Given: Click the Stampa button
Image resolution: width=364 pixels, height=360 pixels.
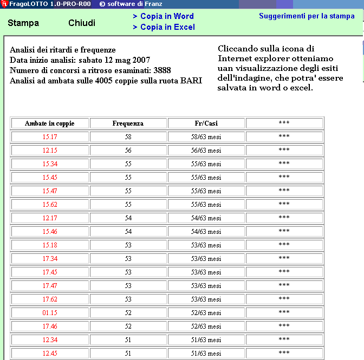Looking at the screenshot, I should coord(23,23).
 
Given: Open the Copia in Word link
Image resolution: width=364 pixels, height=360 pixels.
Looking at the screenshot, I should coord(163,16).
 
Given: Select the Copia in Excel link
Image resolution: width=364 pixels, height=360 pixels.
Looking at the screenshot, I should coord(164,27).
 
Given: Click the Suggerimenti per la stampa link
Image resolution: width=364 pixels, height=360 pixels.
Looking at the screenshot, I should coord(307,16).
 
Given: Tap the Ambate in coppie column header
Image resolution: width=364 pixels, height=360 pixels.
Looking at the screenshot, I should coord(49,123).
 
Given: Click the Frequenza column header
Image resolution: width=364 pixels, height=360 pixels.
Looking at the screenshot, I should coord(128,123).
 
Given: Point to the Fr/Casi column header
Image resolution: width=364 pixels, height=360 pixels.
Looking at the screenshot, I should coord(206,123).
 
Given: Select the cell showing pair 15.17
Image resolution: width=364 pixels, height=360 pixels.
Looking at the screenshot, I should coord(49,137).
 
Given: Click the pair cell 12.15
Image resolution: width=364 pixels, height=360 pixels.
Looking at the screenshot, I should coord(49,150).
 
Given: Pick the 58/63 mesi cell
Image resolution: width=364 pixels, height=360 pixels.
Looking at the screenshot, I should coord(206,137).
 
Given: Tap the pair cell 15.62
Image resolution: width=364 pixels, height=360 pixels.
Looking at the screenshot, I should coord(49,205).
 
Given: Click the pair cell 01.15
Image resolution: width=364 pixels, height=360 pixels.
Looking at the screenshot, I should coord(49,313).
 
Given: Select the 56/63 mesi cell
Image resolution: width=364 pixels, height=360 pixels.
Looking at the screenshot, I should coord(206,150).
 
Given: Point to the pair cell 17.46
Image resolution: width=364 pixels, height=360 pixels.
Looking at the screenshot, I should coord(49,326).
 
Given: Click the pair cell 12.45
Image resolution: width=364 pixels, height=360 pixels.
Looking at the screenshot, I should coord(49,354).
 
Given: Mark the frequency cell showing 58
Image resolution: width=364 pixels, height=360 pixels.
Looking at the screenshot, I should coord(128,137).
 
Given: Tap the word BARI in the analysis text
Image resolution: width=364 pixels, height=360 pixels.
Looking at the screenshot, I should coord(192,81).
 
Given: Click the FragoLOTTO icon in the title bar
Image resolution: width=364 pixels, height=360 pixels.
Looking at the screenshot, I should coord(4,4).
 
